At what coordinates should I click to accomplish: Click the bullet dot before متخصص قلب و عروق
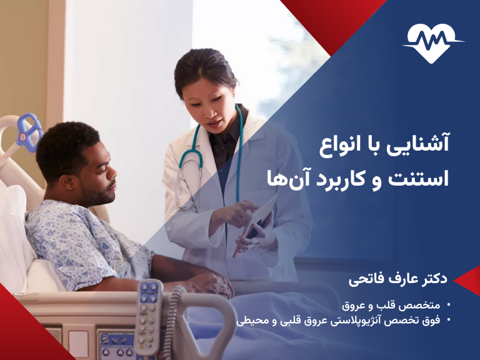point(449,306)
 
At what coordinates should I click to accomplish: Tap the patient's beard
point(101,197)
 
